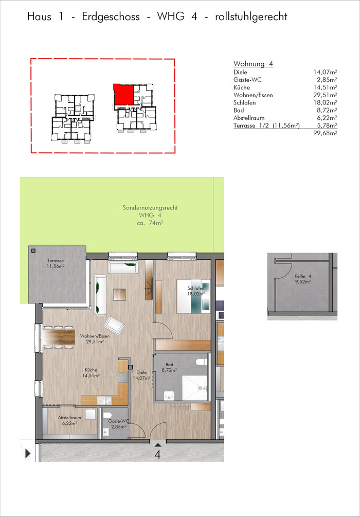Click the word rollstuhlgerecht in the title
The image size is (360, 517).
coord(251,16)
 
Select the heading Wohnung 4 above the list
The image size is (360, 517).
coord(253,64)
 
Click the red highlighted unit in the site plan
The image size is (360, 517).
coord(123,95)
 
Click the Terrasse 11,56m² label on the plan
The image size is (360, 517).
coord(55,263)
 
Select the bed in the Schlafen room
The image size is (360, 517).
coord(193,296)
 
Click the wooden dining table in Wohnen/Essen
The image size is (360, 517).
coord(59,337)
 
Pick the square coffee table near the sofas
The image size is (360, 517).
coord(119,294)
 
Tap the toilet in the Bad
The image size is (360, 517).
coord(201,362)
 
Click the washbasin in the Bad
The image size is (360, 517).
coord(169,395)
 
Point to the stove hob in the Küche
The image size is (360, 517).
coord(123,377)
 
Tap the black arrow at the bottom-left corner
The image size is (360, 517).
coord(28,454)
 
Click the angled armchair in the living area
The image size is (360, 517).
coord(114,326)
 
